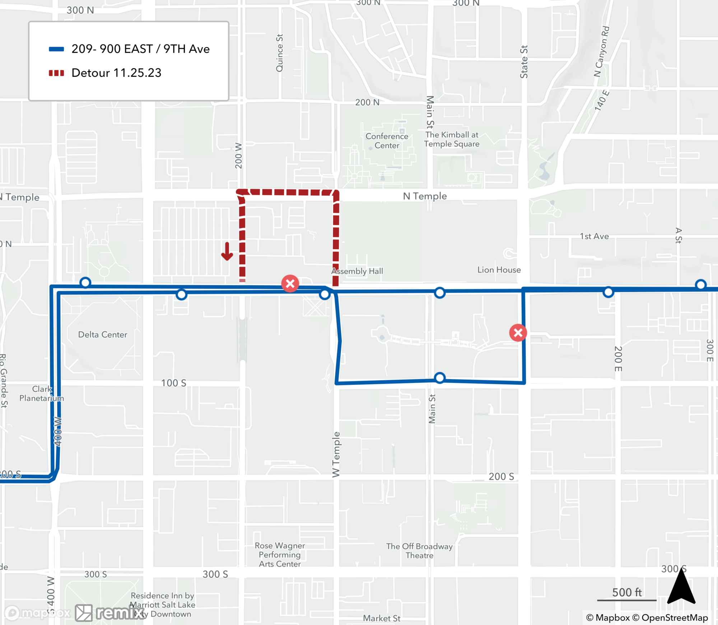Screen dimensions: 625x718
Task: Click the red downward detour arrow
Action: pyautogui.click(x=227, y=252)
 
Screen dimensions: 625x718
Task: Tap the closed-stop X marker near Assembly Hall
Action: pyautogui.click(x=290, y=284)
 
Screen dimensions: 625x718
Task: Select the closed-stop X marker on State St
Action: pyautogui.click(x=518, y=333)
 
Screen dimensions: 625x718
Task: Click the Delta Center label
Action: pyautogui.click(x=103, y=335)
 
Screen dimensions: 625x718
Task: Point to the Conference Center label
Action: pyautogui.click(x=387, y=141)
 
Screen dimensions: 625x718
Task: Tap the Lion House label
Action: pyautogui.click(x=499, y=270)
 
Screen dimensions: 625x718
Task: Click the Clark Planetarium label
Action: pyautogui.click(x=42, y=393)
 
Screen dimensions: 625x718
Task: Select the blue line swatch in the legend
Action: pyautogui.click(x=56, y=49)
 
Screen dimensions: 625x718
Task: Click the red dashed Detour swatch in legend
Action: pyautogui.click(x=56, y=73)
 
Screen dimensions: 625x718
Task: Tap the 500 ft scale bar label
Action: pyautogui.click(x=626, y=592)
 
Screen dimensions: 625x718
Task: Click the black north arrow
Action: pyautogui.click(x=681, y=587)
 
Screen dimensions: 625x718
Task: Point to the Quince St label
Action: pyautogui.click(x=279, y=53)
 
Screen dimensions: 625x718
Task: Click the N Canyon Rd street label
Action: pyautogui.click(x=602, y=51)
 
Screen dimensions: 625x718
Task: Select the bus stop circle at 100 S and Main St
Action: pyautogui.click(x=439, y=378)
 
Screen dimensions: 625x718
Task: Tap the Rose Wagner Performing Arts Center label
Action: pyautogui.click(x=280, y=555)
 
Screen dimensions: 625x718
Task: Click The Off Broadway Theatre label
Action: pyautogui.click(x=419, y=551)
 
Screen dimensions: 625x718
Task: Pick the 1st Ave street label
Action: pyautogui.click(x=594, y=236)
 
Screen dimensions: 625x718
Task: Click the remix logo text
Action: pyautogui.click(x=120, y=612)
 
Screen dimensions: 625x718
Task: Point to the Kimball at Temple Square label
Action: pyautogui.click(x=452, y=139)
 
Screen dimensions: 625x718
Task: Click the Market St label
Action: pyautogui.click(x=381, y=618)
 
